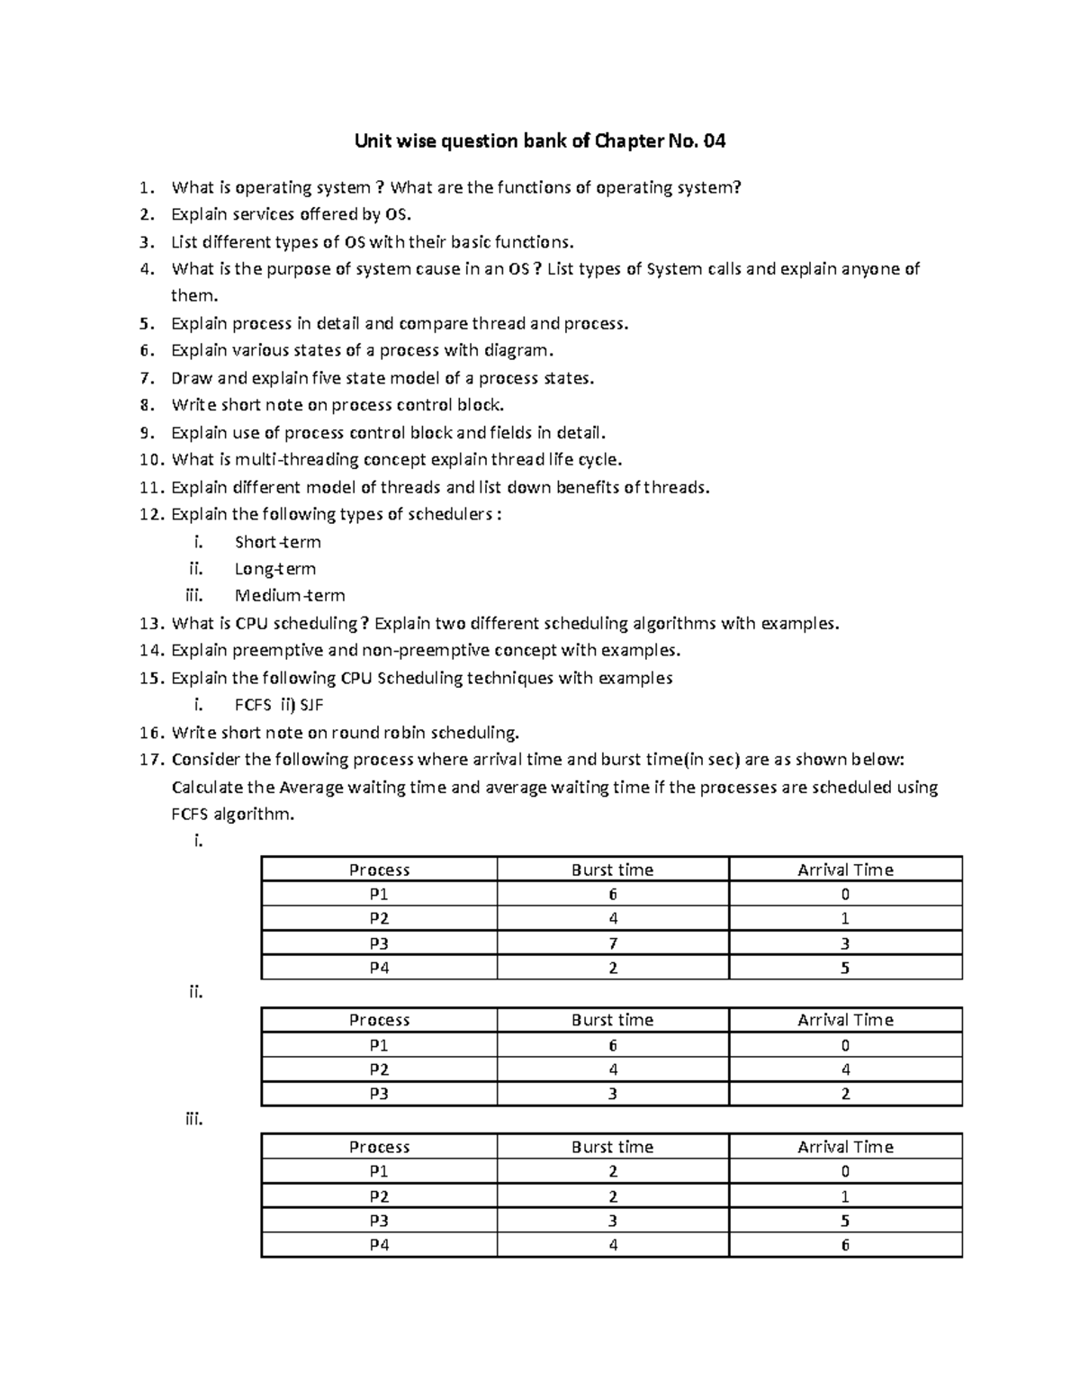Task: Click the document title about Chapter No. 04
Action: click(x=540, y=141)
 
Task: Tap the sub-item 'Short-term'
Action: click(x=277, y=542)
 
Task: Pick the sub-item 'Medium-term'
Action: click(x=289, y=595)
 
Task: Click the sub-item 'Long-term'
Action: click(x=274, y=569)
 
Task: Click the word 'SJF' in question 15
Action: click(x=310, y=705)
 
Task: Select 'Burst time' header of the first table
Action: click(x=612, y=870)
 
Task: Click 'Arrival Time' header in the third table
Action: click(x=845, y=1147)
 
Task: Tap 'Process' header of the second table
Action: click(x=379, y=1020)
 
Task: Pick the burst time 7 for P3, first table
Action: click(x=612, y=943)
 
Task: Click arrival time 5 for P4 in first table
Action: click(x=845, y=969)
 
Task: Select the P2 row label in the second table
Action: click(x=379, y=1069)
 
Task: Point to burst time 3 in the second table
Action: click(x=612, y=1094)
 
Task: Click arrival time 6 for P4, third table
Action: click(x=845, y=1246)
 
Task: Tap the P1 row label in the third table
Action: click(x=379, y=1171)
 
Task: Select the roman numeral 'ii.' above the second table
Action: click(x=195, y=992)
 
